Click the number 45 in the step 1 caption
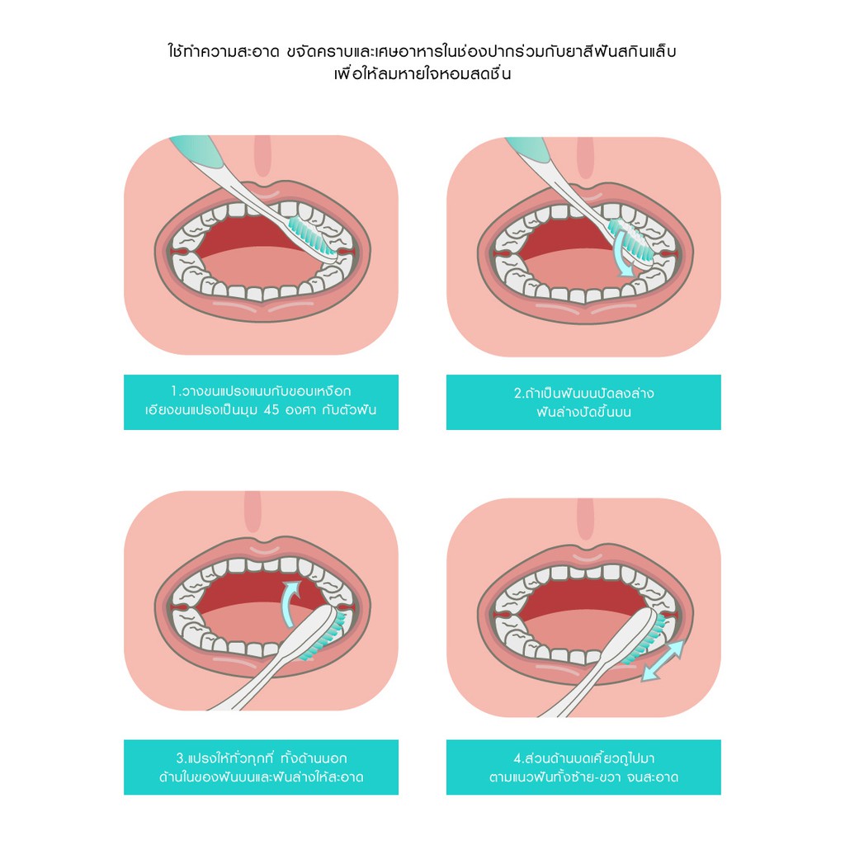tap(271, 410)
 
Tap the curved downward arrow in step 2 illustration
tap(624, 252)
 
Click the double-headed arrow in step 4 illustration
tap(663, 660)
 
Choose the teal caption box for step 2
tap(583, 402)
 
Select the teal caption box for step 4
tap(583, 767)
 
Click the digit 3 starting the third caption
tap(181, 758)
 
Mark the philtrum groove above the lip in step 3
tap(253, 512)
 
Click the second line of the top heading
tap(422, 73)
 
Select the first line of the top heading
tap(422, 52)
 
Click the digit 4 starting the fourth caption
tap(518, 758)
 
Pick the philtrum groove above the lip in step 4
tap(585, 518)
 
